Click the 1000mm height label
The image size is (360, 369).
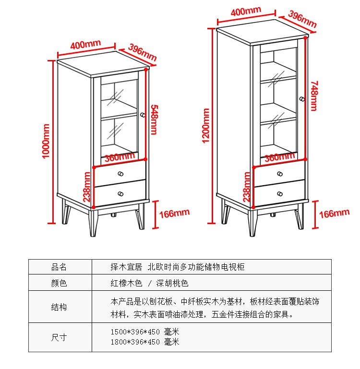(46, 141)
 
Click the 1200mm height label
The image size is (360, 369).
(205, 126)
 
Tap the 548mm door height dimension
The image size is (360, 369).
(154, 119)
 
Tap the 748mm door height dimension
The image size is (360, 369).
(314, 96)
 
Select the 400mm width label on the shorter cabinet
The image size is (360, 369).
(85, 44)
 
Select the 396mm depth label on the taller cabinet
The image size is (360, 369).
(302, 19)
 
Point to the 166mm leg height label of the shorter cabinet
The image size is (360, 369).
(174, 214)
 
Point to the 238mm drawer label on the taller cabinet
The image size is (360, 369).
(247, 187)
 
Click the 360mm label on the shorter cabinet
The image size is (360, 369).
(120, 157)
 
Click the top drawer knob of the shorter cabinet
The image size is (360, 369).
(120, 174)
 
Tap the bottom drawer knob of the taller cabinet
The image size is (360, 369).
(280, 194)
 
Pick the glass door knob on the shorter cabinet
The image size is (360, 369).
(143, 115)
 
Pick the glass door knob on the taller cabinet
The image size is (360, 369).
(302, 99)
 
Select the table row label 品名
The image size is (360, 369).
(59, 267)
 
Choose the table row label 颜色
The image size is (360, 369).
(59, 283)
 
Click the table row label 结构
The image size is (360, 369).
(59, 307)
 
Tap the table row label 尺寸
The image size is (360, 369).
(59, 337)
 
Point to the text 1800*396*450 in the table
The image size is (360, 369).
(135, 342)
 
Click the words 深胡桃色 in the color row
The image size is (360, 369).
(172, 283)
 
